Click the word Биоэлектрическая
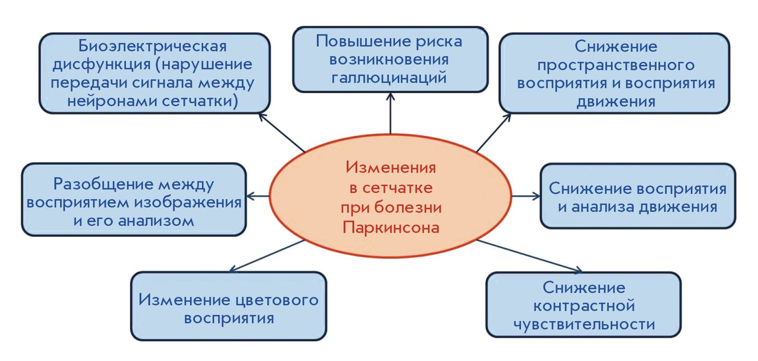[152, 46]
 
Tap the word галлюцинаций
[389, 78]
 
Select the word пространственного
[616, 66]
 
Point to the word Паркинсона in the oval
[391, 228]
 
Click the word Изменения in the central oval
[391, 167]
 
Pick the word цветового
[277, 300]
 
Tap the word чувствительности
[584, 325]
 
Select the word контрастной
[584, 306]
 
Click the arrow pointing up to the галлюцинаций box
[390, 113]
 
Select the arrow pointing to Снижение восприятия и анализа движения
[526, 196]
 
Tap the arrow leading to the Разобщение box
[258, 196]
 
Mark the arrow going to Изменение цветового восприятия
[267, 256]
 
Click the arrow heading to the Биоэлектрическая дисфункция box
[282, 132]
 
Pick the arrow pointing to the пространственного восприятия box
[494, 133]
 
